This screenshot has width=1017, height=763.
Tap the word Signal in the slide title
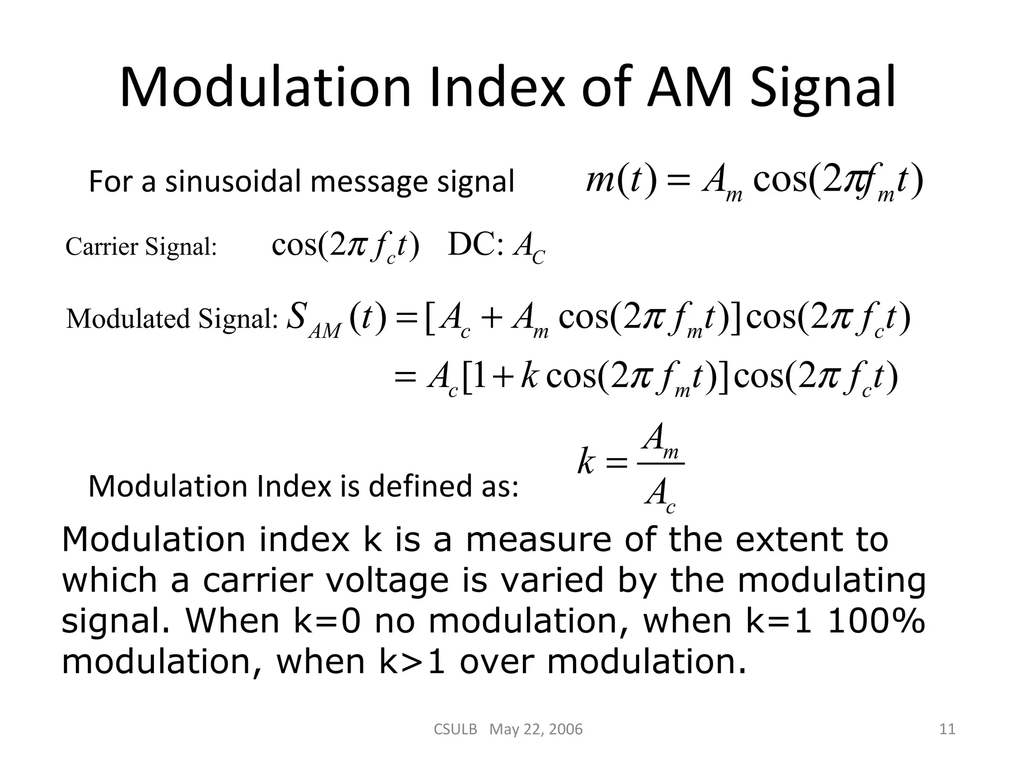click(822, 88)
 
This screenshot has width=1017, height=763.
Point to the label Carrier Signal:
click(142, 246)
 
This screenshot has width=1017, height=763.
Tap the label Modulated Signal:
click(172, 319)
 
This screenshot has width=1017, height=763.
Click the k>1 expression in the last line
click(412, 662)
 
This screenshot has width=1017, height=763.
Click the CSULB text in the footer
click(455, 729)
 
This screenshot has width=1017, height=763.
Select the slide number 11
click(947, 729)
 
